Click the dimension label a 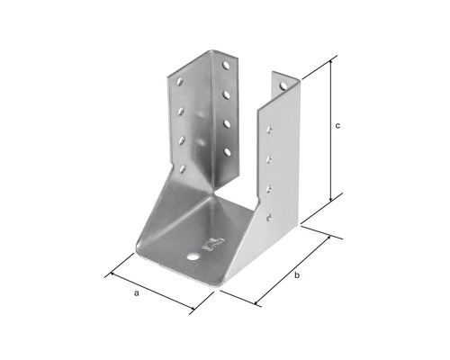click(137, 293)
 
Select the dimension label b click(297, 274)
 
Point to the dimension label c click(337, 126)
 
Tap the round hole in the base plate click(192, 257)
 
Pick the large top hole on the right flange click(283, 86)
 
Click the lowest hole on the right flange click(269, 217)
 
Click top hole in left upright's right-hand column click(226, 66)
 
